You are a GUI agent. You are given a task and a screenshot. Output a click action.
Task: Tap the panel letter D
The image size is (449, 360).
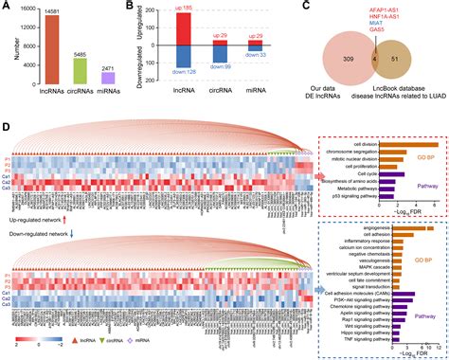[x=7, y=127]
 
